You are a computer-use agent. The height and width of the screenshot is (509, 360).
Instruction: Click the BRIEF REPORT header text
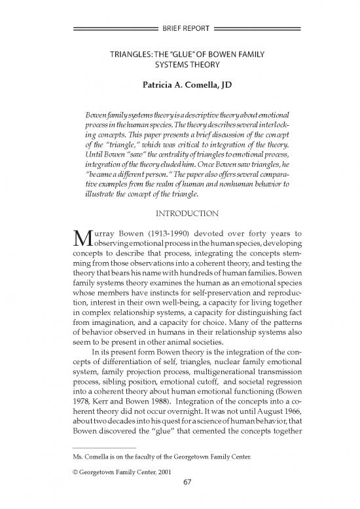click(179, 29)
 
